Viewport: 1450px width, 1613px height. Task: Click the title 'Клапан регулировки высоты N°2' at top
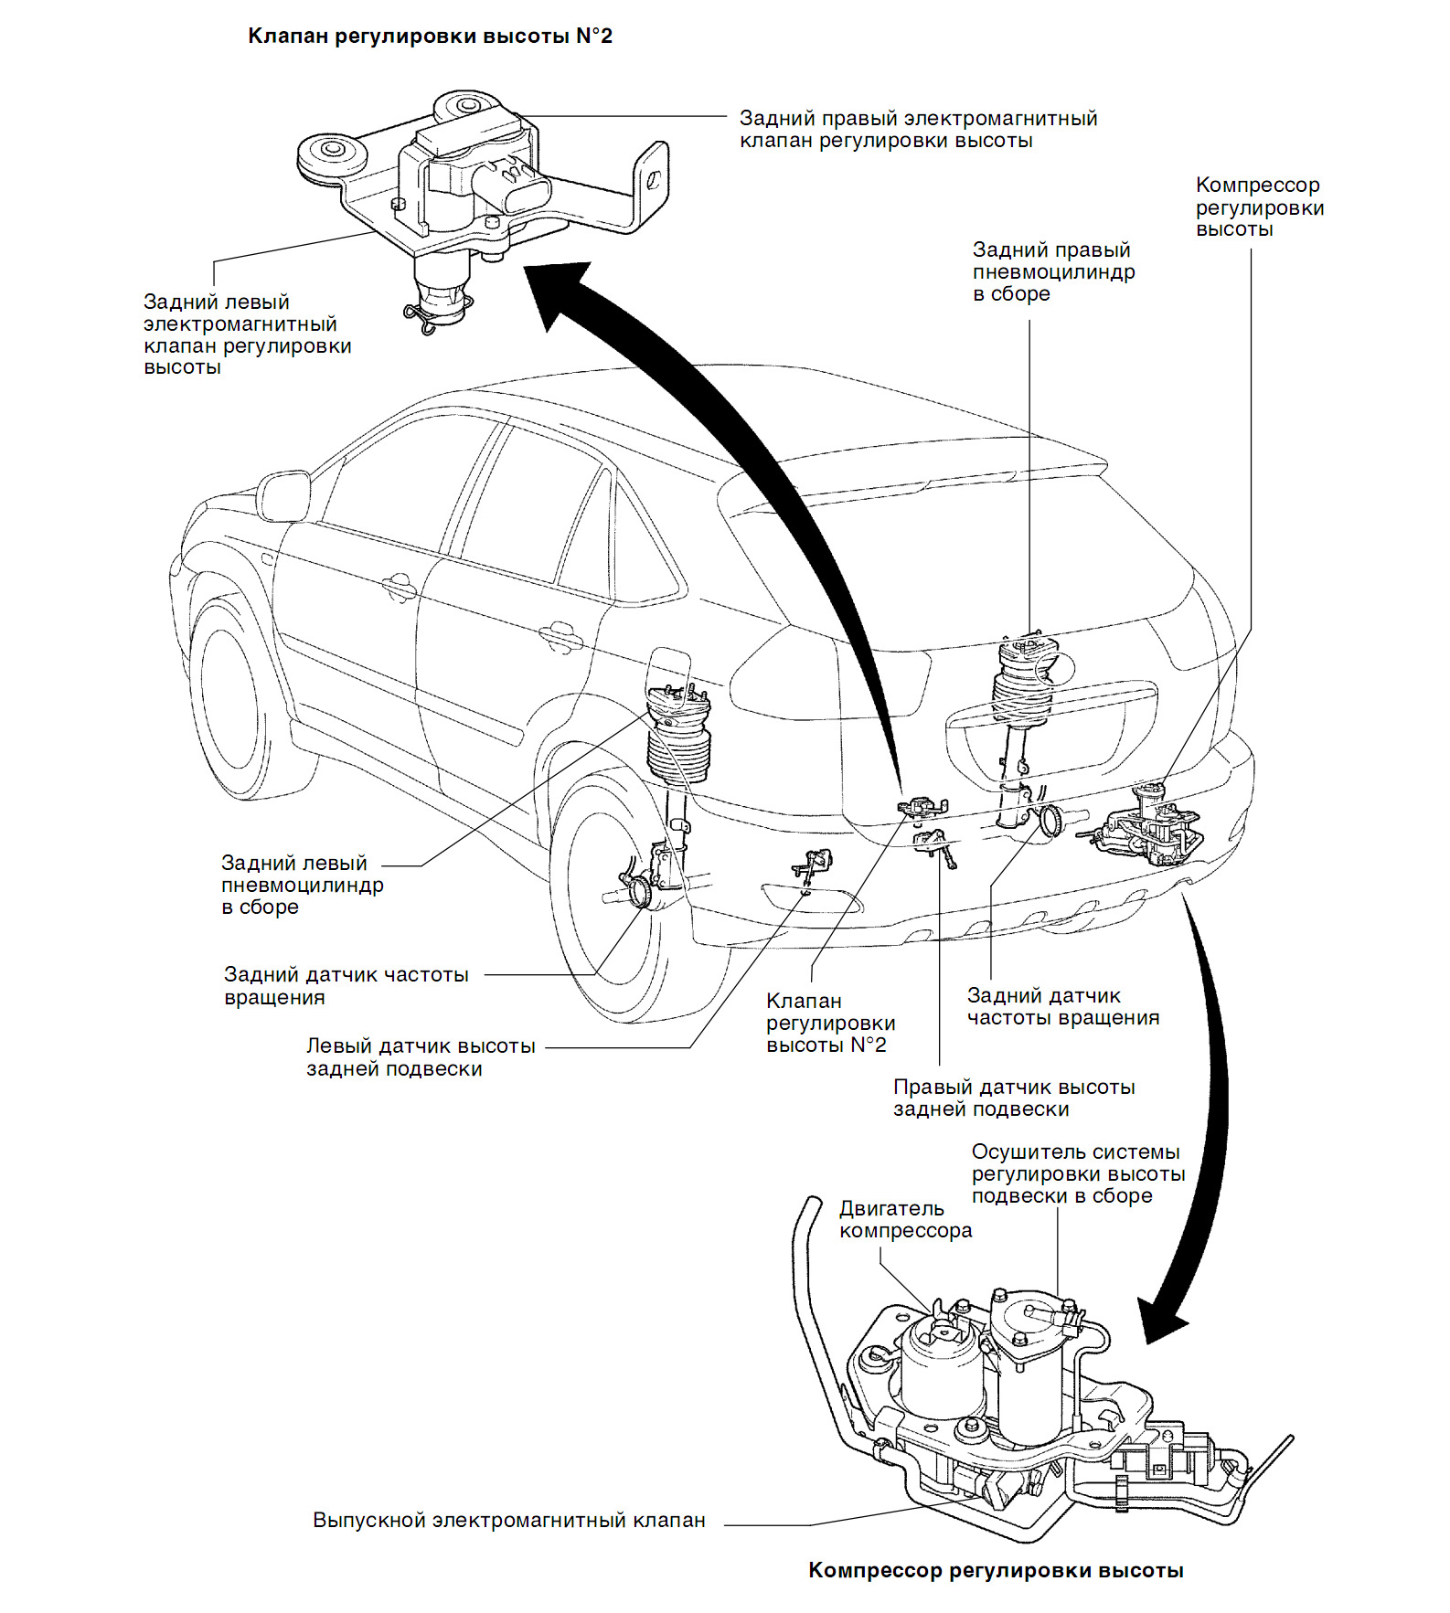pos(430,37)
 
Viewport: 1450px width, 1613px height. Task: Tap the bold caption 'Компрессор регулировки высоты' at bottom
pos(996,1570)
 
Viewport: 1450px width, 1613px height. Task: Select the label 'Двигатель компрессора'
pos(905,1219)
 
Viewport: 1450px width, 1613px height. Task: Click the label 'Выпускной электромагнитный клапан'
pos(509,1520)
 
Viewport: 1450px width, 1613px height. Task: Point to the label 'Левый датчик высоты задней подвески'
pos(421,1056)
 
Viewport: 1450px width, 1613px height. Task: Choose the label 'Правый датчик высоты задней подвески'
pos(1013,1098)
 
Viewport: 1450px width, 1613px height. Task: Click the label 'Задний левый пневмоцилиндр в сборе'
pos(302,885)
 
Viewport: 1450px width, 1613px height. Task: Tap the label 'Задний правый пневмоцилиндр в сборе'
pos(1053,271)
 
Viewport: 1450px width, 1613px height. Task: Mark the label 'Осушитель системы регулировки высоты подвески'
pos(1077,1173)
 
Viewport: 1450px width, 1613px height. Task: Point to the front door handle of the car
pos(400,586)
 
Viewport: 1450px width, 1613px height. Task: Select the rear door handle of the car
pos(560,633)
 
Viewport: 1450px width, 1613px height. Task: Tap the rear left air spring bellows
pos(678,749)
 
